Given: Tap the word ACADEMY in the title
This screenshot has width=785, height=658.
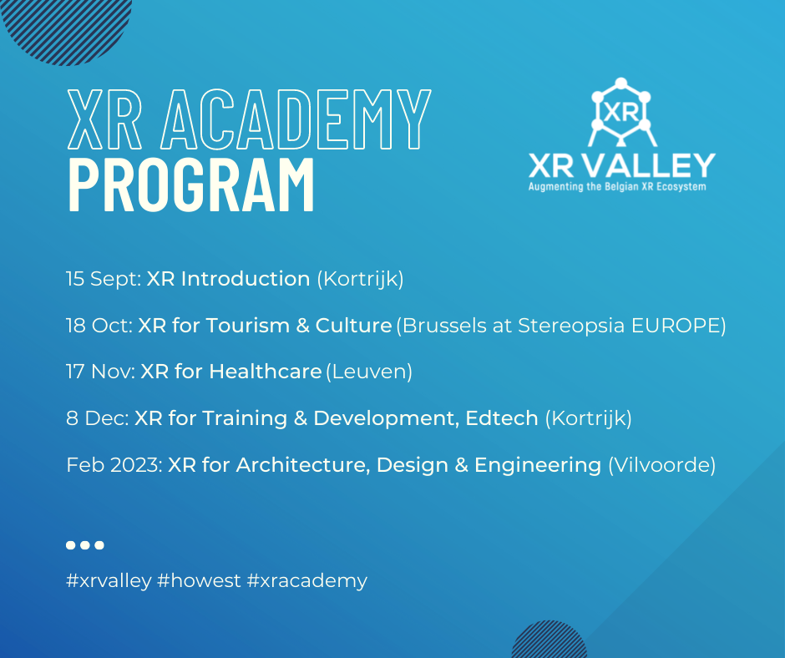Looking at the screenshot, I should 296,119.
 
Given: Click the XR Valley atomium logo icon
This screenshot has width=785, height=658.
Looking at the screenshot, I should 620,112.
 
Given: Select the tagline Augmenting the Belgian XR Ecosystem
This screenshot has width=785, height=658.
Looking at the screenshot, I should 617,187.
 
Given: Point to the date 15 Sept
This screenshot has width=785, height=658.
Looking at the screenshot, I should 103,279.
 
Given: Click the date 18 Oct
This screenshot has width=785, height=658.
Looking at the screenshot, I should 97,325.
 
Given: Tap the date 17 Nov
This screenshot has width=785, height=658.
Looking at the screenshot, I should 99,371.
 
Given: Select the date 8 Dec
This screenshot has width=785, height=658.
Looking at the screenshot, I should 95,418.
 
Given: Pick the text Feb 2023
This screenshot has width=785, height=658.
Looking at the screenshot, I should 113,464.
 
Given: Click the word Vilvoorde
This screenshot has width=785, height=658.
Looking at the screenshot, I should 661,464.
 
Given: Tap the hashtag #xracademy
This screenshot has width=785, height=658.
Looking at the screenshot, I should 307,580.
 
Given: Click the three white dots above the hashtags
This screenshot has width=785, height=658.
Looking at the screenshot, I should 84,545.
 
